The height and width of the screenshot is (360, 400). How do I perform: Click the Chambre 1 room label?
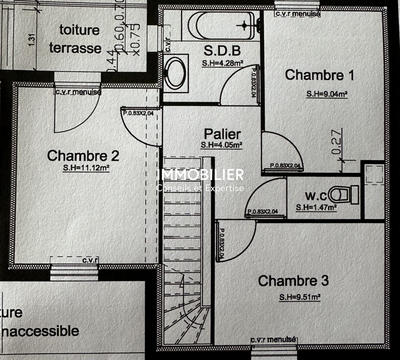[x=320, y=75]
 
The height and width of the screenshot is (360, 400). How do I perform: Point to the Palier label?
[x=220, y=133]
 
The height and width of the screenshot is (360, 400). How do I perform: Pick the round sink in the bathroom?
[x=177, y=71]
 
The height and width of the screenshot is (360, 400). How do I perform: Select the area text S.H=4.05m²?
[x=222, y=145]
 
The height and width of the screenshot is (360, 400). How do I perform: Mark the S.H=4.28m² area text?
[x=220, y=64]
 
